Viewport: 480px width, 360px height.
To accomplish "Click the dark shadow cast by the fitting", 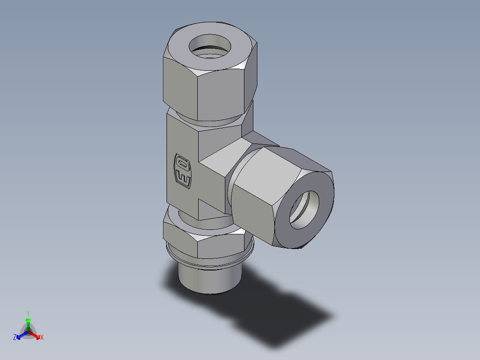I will click(276, 316).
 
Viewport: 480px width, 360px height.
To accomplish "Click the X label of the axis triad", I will click(42, 338).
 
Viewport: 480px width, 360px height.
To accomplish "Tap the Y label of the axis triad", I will click(28, 313).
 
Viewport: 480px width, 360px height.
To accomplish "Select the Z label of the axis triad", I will click(15, 338).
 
